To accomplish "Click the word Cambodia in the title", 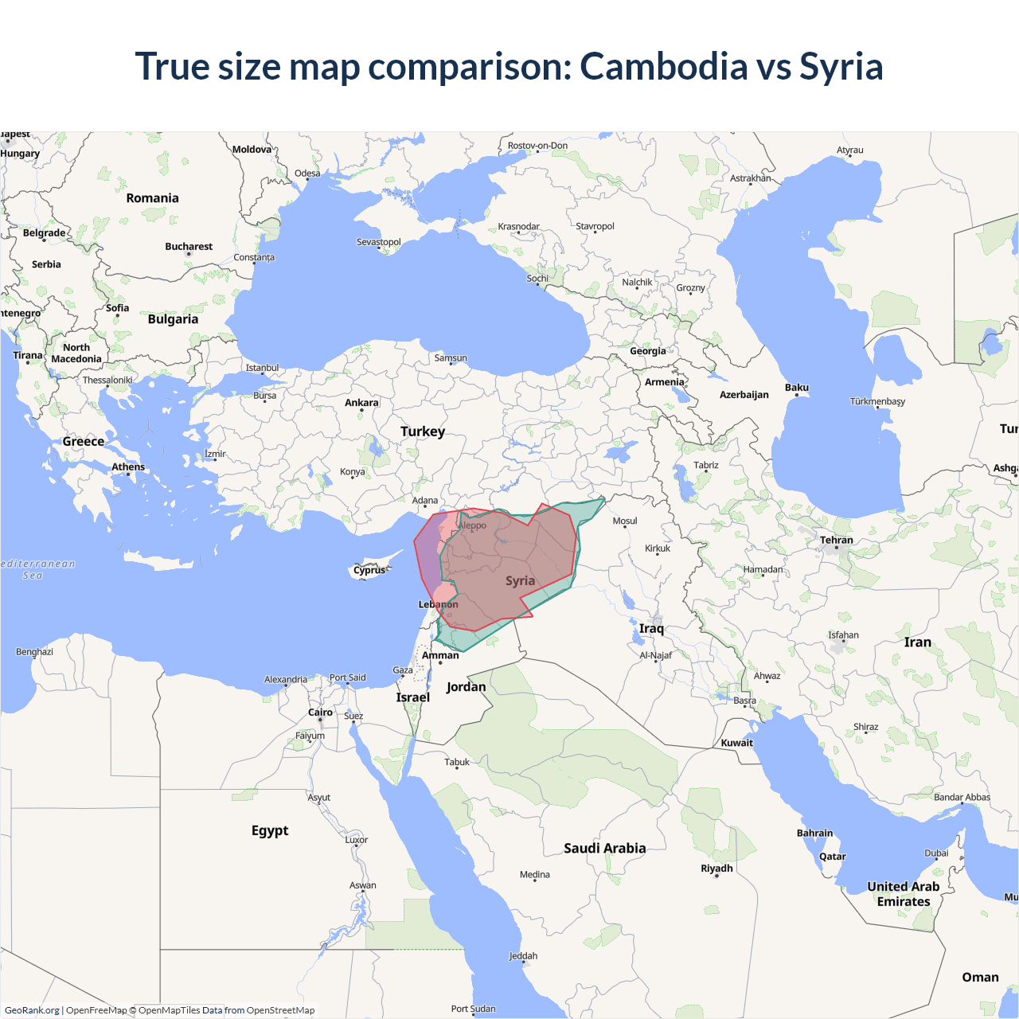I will (x=663, y=67).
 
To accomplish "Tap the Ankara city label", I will (x=361, y=403).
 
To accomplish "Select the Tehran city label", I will (x=836, y=541).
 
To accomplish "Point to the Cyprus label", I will (x=369, y=570).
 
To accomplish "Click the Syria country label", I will (x=520, y=581).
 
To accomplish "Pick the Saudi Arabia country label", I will (x=604, y=849).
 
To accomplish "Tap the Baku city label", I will (x=796, y=388).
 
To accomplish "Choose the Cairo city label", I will (x=320, y=713).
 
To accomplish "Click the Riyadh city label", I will (x=716, y=869).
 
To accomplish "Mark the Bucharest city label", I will (x=189, y=247).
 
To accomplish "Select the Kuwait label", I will (x=736, y=744).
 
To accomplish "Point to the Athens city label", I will (x=128, y=467).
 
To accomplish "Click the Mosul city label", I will (x=625, y=521).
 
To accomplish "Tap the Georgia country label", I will (x=647, y=351).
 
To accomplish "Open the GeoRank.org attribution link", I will (x=32, y=1010).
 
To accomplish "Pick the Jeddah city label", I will (x=523, y=956).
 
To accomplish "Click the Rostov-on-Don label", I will (x=537, y=146).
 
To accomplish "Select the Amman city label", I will (x=440, y=656).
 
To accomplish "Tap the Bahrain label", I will (x=814, y=834).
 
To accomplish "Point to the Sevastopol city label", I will (x=378, y=242).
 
